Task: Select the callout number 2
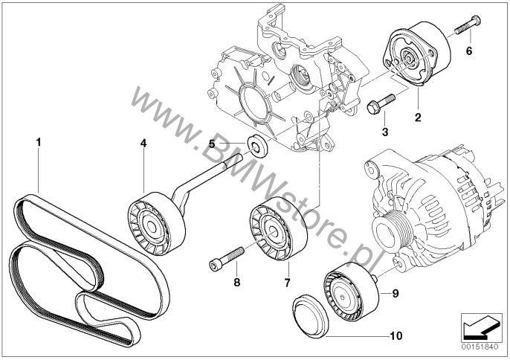click(x=418, y=118)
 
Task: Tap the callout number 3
click(x=384, y=132)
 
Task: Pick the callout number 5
click(x=211, y=144)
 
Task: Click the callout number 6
click(x=469, y=51)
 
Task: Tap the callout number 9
click(x=395, y=293)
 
